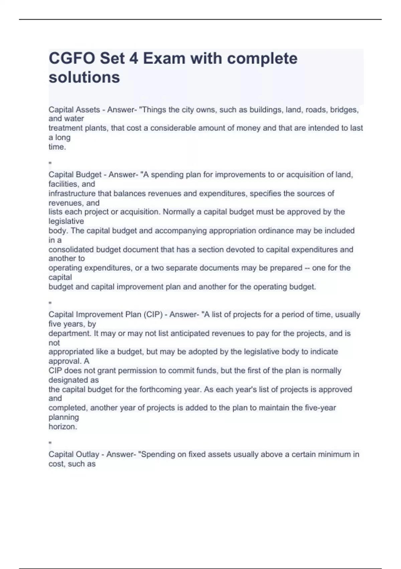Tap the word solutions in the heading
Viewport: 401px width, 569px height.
84,77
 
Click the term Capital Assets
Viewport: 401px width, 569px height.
74,110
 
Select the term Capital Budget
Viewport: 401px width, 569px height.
75,175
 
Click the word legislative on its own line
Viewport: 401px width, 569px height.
66,221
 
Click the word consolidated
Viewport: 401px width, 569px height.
71,249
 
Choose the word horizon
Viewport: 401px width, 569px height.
63,427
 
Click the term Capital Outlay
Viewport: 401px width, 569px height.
74,455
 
